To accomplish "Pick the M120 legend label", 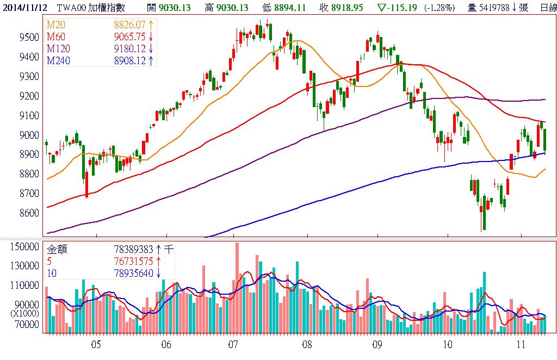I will click(x=58, y=48).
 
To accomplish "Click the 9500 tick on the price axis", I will click(x=28, y=37).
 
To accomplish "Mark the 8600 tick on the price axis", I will click(x=28, y=213).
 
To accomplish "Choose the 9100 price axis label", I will click(x=28, y=115).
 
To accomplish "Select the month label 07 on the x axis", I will click(x=234, y=344).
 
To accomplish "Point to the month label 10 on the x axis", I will click(x=448, y=344).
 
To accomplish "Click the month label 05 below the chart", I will click(x=96, y=344).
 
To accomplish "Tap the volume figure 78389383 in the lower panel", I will click(x=133, y=250).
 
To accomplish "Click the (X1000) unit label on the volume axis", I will click(x=25, y=314).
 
